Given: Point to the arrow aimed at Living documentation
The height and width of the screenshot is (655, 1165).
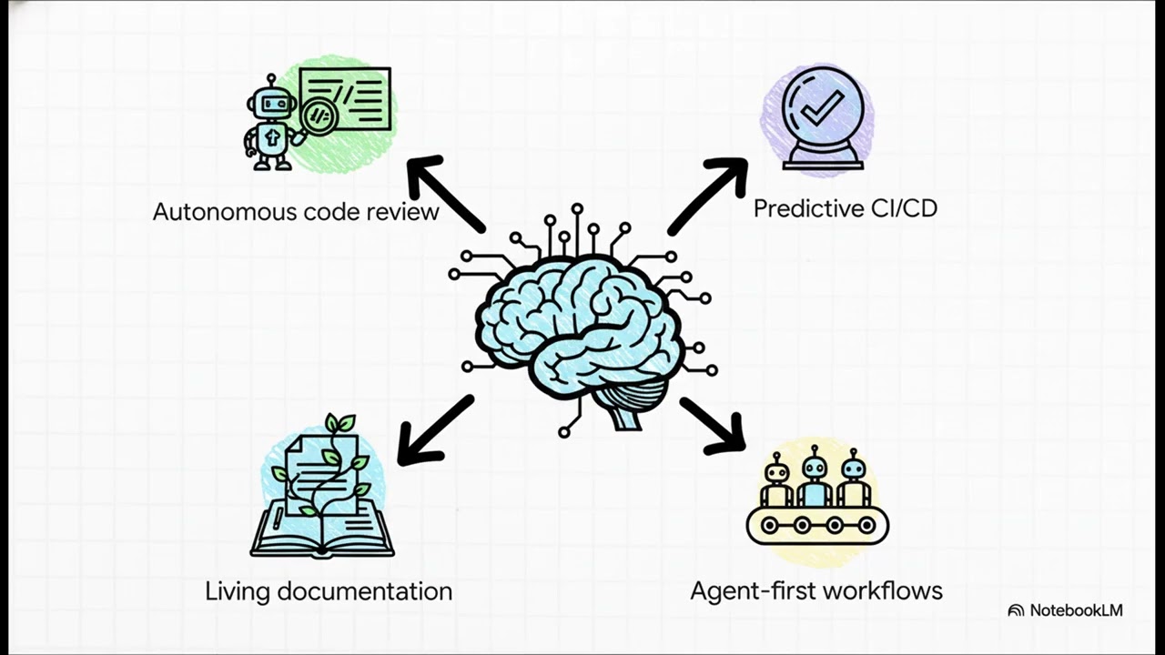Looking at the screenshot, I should click(x=434, y=430).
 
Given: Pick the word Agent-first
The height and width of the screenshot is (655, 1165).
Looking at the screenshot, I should click(x=743, y=590).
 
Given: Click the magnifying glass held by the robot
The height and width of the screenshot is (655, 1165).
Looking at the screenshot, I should click(x=319, y=116).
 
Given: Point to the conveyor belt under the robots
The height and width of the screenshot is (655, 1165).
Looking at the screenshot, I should click(x=816, y=525).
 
